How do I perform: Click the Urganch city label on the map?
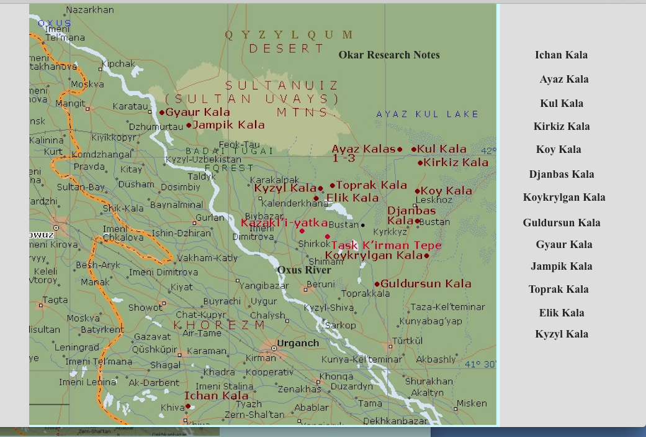click(298, 343)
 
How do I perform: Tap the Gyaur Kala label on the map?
click(197, 113)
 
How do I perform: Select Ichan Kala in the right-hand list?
click(561, 55)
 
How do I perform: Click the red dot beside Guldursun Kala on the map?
click(377, 284)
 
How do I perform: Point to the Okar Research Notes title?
click(389, 55)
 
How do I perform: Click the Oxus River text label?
click(304, 270)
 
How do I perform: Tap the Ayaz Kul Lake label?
click(428, 114)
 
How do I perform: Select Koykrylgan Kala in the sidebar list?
click(563, 197)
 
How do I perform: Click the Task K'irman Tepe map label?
click(386, 245)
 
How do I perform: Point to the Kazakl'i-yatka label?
click(284, 223)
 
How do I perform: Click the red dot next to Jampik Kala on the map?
click(189, 125)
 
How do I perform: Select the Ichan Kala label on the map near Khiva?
click(216, 395)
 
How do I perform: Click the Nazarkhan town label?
click(90, 10)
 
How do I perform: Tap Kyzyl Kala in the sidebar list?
click(562, 334)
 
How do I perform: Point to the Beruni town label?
click(321, 284)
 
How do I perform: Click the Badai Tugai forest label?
click(229, 151)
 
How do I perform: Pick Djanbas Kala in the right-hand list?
click(562, 174)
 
